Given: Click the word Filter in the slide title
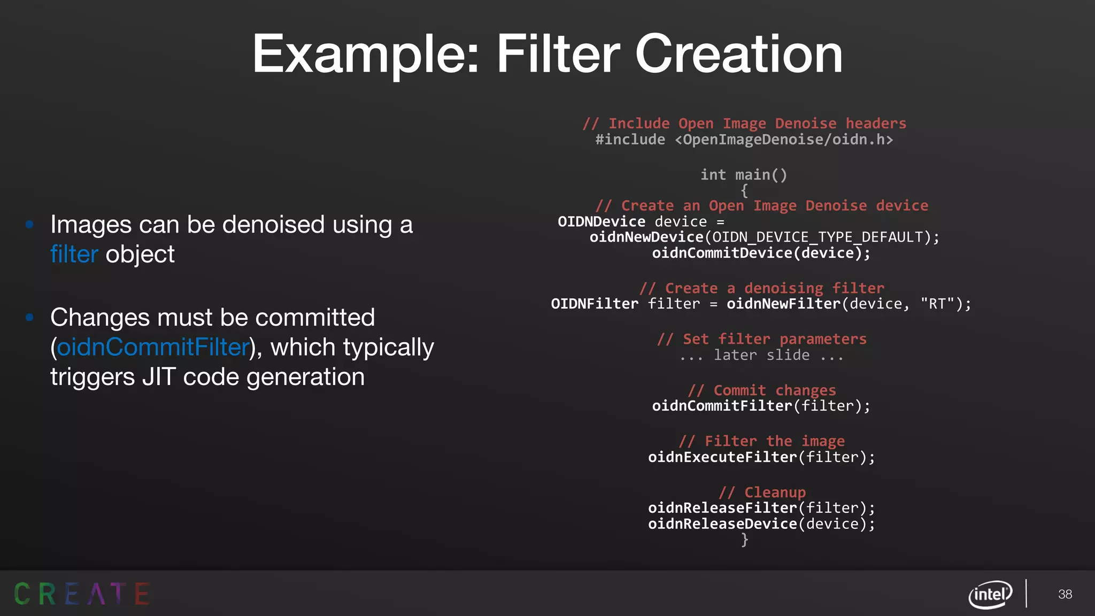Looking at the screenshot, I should click(x=558, y=55).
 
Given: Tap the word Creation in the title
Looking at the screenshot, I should click(x=738, y=55).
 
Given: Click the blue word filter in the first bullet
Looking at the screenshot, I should click(x=74, y=255).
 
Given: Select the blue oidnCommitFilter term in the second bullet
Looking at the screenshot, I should click(x=153, y=348).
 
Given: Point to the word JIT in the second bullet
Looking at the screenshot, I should click(x=158, y=378).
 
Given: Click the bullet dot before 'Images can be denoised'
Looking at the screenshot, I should click(x=30, y=225).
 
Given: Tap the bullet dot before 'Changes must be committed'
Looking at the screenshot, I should click(x=30, y=318).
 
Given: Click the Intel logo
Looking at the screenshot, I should click(x=990, y=594).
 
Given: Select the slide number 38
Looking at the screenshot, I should click(x=1065, y=594).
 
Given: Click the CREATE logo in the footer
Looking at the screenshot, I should click(x=81, y=594).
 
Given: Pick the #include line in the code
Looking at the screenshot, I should click(x=744, y=140).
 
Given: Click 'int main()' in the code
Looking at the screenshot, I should click(x=744, y=175).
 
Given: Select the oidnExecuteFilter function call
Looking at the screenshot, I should click(x=722, y=457).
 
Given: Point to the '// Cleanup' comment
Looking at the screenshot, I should click(x=762, y=492).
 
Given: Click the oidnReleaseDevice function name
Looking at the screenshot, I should click(x=722, y=524).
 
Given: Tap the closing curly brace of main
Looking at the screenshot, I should click(x=744, y=540).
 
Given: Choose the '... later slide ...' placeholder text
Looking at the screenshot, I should click(x=761, y=356).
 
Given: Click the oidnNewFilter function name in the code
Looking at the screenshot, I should click(x=783, y=304).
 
